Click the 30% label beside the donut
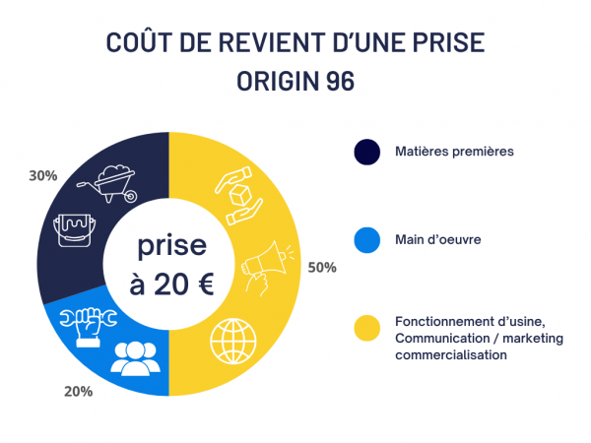[43, 175]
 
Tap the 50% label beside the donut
[321, 267]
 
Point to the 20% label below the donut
[78, 391]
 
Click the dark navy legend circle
[366, 152]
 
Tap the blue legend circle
[366, 238]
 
